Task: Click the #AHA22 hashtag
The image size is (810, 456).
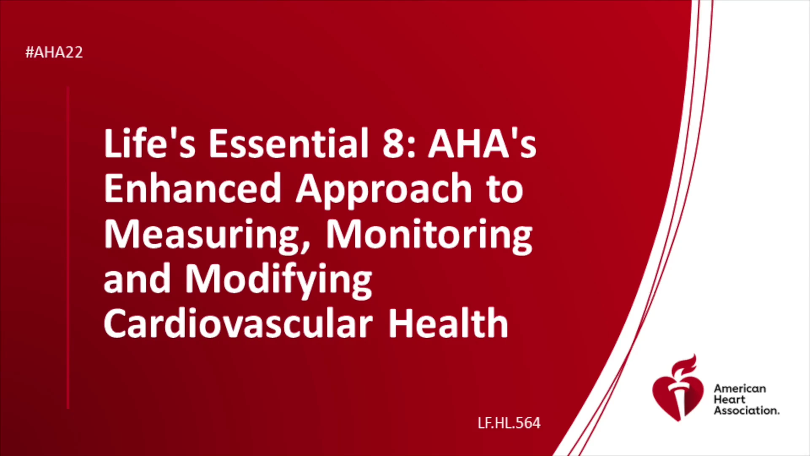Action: pos(54,52)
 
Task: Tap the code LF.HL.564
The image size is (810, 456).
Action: pos(509,423)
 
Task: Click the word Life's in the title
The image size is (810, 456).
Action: pos(150,143)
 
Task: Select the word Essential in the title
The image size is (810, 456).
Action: pos(289,143)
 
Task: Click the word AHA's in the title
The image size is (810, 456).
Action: pos(482,144)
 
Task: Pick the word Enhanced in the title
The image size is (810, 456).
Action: pos(192,188)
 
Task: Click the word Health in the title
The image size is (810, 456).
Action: pos(448,323)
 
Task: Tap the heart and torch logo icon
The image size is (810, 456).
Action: pos(678,388)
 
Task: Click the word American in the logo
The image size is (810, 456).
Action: pos(740,388)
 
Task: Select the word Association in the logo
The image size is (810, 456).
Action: pos(746,410)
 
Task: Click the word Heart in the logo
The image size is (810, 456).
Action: pos(729,399)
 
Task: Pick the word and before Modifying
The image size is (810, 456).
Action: pos(137,279)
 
